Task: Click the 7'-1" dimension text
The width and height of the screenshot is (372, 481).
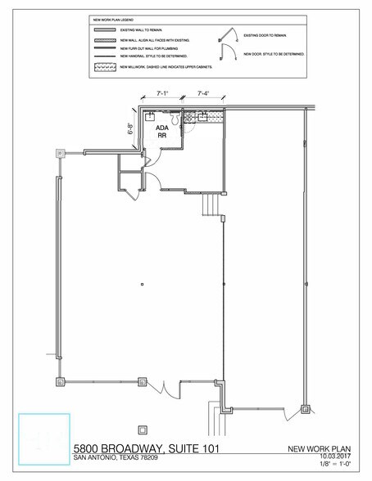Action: pos(163,95)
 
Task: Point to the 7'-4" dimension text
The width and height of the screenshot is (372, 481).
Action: pos(202,95)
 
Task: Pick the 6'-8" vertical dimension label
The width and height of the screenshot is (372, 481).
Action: pos(130,128)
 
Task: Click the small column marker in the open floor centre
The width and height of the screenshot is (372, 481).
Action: pos(143,285)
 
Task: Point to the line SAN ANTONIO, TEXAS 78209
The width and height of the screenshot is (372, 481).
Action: pos(121,458)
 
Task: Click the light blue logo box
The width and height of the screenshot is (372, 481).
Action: pos(45,439)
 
